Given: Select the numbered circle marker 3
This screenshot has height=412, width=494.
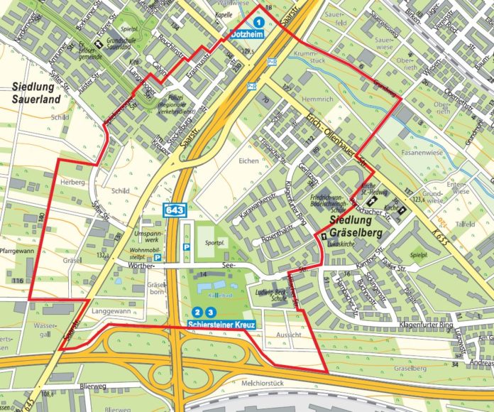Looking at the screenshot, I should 210,312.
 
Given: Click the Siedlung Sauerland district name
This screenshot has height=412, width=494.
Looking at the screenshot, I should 37,92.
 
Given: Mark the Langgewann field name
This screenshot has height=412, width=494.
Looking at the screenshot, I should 110,311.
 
